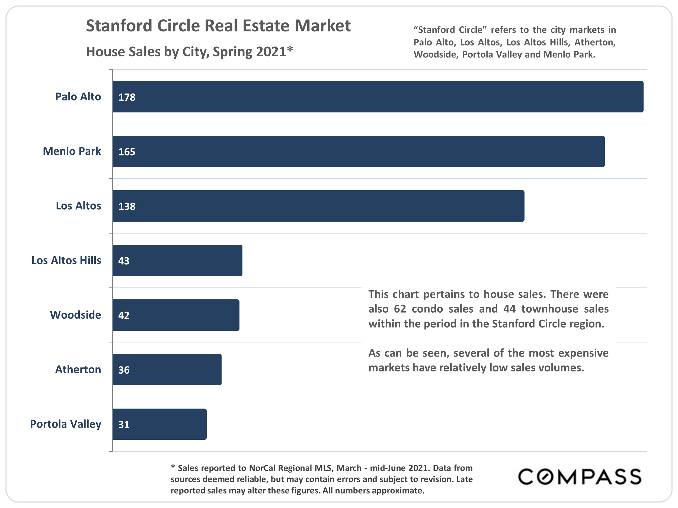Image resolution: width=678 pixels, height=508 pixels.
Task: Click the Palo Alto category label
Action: coord(78,96)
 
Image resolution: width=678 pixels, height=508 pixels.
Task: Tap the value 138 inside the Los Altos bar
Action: coord(127,206)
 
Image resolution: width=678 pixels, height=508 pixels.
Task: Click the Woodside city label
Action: coord(75,315)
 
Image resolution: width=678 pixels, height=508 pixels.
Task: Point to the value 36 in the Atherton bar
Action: coord(124,370)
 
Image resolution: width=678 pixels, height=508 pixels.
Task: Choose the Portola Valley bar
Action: coord(159,424)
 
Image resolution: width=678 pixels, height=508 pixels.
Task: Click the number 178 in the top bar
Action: coord(127,97)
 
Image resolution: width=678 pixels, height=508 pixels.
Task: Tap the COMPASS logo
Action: coord(579,477)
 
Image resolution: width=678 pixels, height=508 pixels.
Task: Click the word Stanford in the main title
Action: coord(119,26)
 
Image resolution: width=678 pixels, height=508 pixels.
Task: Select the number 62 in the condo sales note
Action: coord(400,309)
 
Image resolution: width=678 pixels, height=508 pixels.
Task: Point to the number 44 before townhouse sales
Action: coord(509,309)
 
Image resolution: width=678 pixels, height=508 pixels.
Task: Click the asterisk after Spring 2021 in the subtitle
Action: coord(290,50)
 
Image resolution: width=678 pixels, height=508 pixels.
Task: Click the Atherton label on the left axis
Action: coord(78,370)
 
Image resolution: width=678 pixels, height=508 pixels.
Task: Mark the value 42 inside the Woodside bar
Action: coord(124,315)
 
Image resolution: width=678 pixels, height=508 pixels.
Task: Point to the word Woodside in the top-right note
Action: coord(435,54)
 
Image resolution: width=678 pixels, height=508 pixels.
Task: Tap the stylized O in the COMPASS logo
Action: coord(545,477)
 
